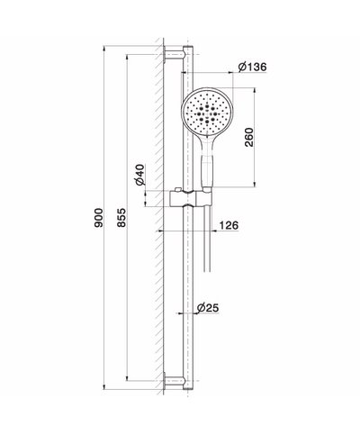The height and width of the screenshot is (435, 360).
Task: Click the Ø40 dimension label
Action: (x=141, y=176)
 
